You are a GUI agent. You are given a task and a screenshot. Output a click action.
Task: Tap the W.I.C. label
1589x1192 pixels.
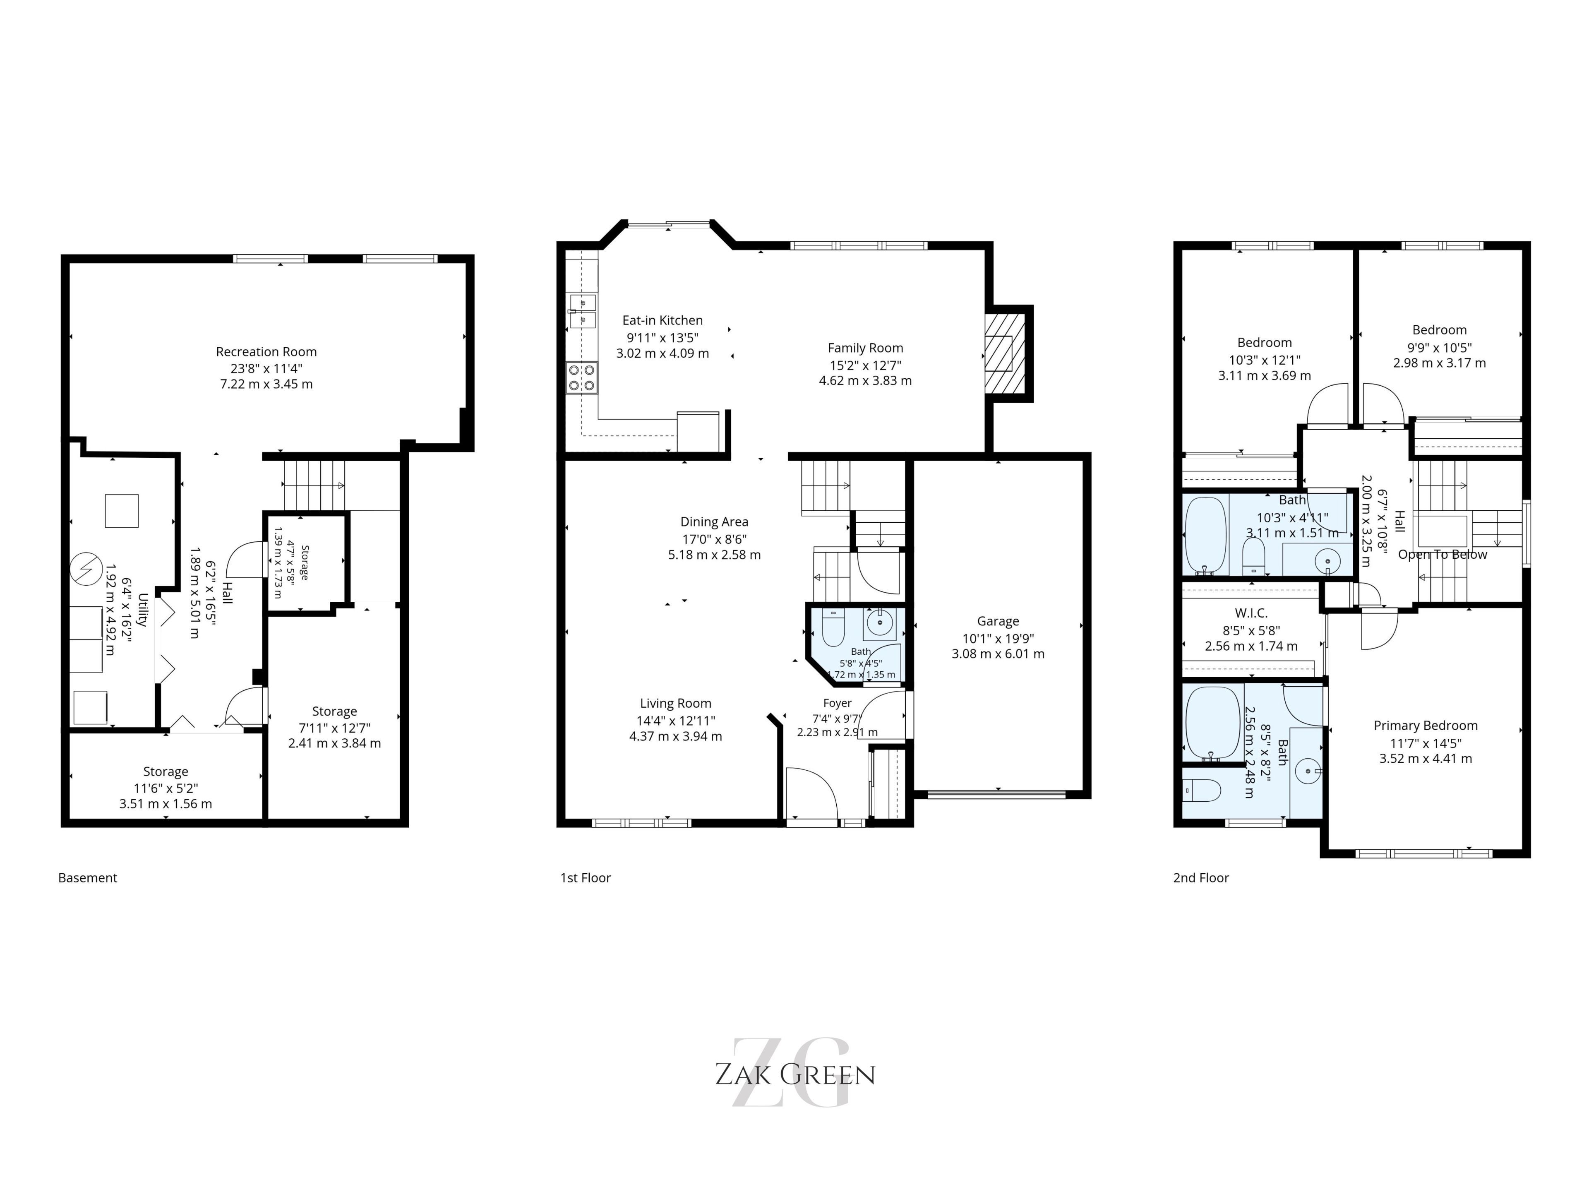(x=1251, y=613)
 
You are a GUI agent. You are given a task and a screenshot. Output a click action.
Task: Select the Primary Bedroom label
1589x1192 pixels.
(x=1426, y=726)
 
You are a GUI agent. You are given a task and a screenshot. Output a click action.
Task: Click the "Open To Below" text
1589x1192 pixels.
(x=1443, y=555)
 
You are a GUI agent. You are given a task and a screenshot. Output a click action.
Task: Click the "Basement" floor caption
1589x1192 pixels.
(x=88, y=878)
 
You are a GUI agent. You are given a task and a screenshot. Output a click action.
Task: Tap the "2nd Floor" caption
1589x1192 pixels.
(x=1201, y=878)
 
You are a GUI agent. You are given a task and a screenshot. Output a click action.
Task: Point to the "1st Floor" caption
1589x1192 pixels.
(x=586, y=878)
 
